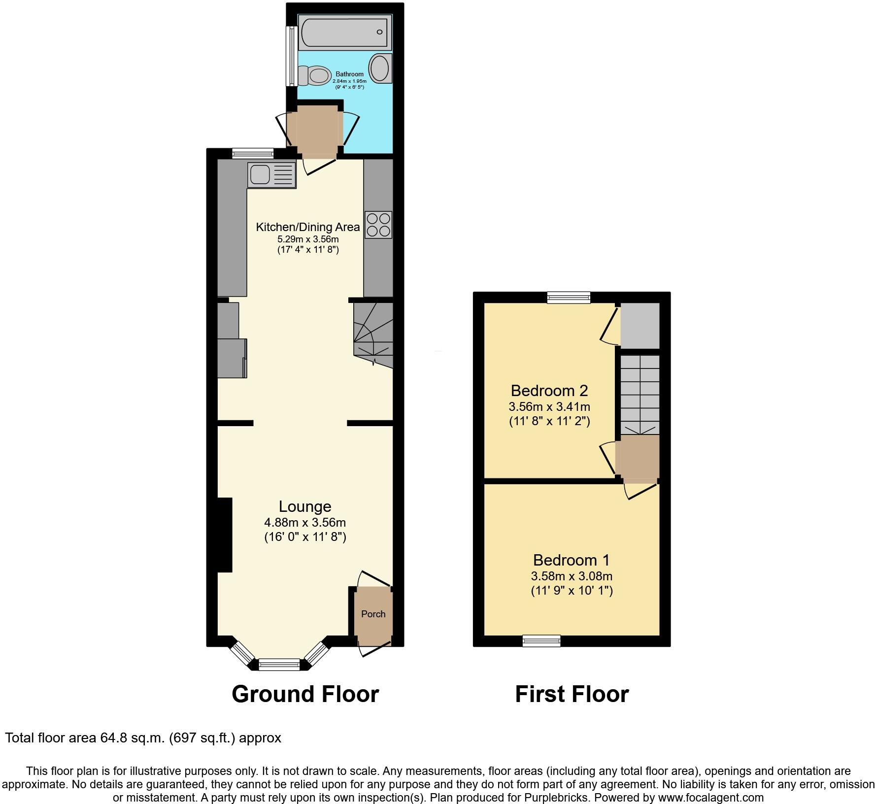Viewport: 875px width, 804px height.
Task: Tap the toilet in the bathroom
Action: coord(316,76)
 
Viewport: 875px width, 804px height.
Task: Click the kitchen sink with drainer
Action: coord(272,174)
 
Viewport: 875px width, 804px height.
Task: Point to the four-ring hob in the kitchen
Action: coord(378,225)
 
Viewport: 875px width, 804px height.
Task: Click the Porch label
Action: coord(373,614)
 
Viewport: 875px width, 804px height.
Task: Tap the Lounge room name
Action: coord(304,506)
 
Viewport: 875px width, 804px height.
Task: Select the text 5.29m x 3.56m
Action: coord(308,239)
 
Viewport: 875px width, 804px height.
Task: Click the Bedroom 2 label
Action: coord(549,391)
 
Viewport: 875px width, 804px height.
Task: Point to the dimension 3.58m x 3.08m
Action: coord(572,576)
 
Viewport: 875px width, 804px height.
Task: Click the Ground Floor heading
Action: coord(305,694)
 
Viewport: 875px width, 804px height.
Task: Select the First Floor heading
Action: coord(572,694)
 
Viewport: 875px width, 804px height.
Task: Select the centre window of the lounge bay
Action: coord(279,665)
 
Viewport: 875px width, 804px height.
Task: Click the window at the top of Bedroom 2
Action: coord(569,297)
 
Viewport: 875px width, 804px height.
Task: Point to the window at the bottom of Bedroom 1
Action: coord(541,640)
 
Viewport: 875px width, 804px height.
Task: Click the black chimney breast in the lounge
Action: coord(225,535)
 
